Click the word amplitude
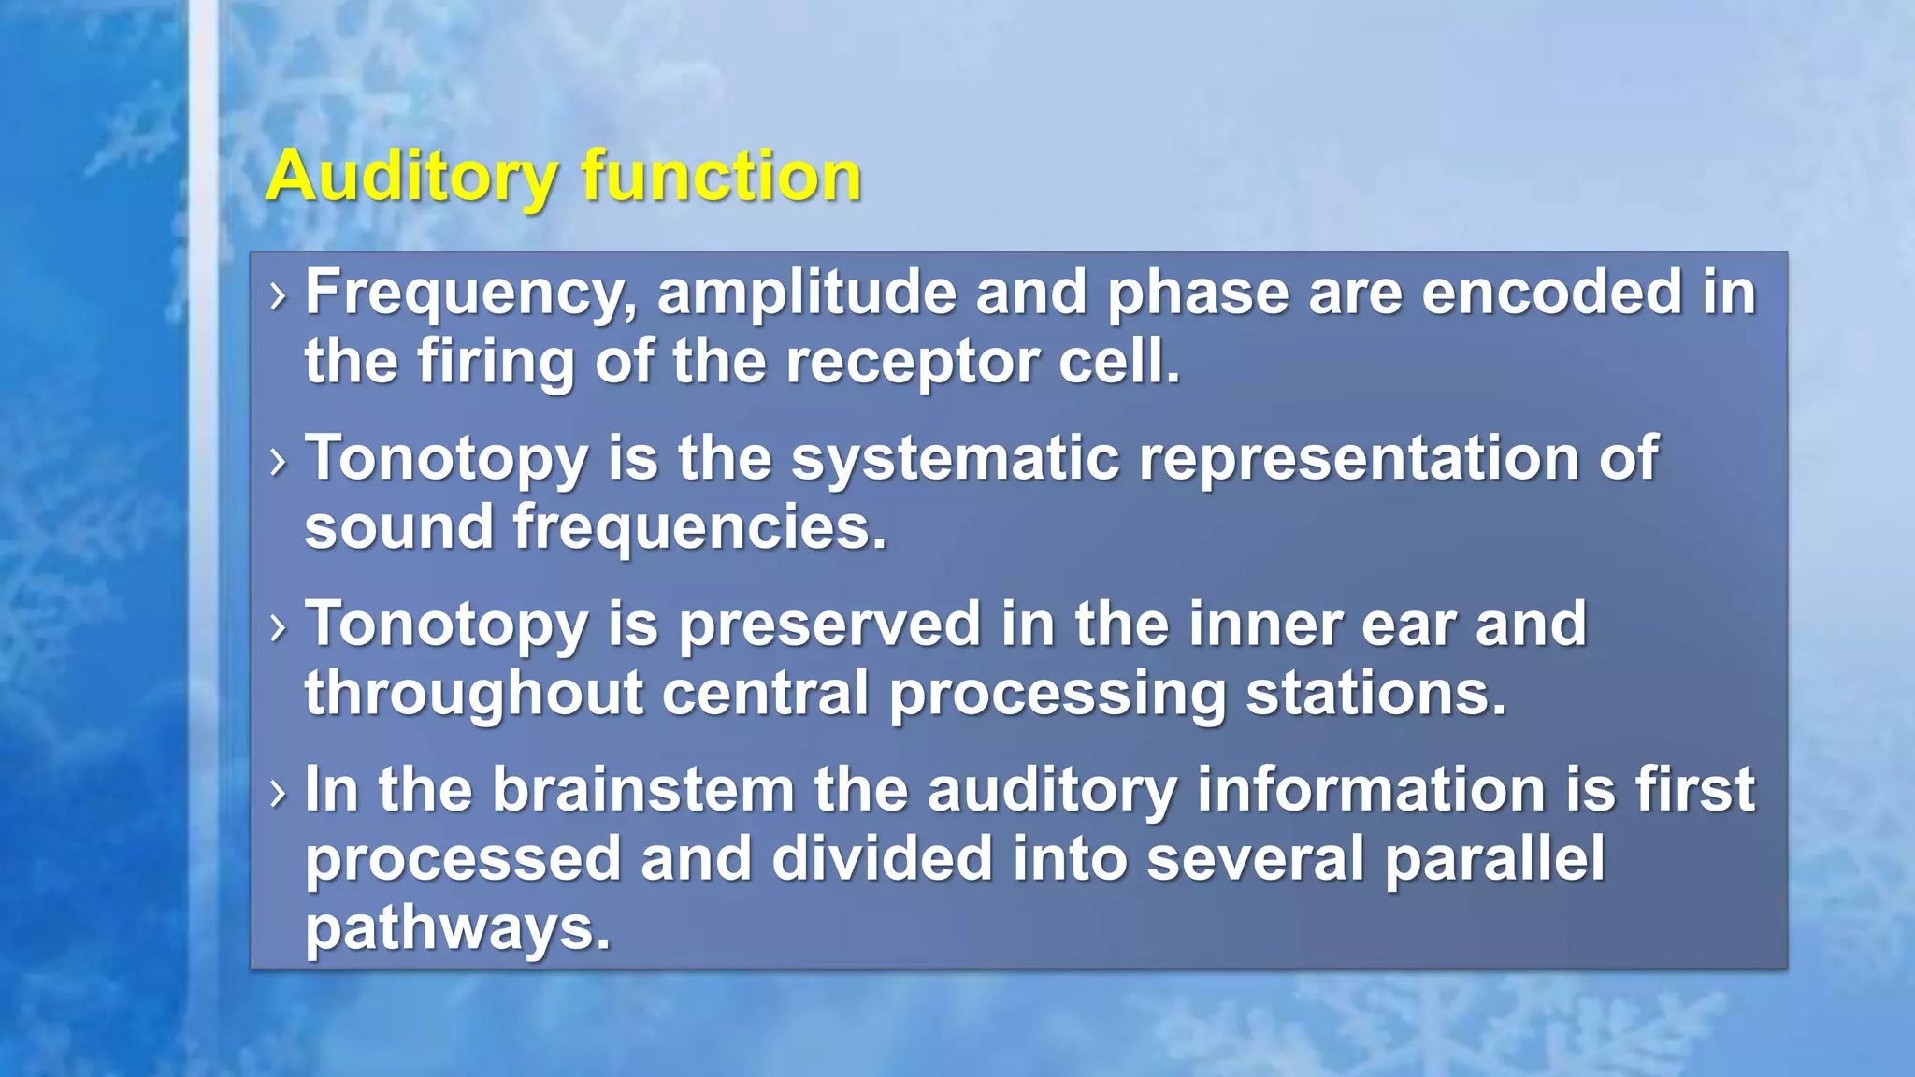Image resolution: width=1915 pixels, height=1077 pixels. click(806, 293)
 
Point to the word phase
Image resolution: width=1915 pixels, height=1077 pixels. click(1198, 293)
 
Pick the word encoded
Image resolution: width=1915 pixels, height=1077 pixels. click(1551, 293)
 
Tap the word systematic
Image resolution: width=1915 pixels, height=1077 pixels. click(955, 459)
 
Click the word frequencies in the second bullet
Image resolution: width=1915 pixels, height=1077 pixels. click(698, 528)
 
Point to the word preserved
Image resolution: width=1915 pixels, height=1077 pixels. click(828, 625)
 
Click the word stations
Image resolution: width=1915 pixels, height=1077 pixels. click(1376, 694)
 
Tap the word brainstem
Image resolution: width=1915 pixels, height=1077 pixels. click(643, 790)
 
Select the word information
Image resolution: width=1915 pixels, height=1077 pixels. click(1371, 790)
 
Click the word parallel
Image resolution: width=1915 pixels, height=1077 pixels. click(1494, 859)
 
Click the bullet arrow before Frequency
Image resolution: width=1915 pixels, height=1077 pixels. click(277, 296)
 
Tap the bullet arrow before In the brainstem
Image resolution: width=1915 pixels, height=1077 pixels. click(277, 794)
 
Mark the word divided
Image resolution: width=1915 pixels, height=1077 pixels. click(881, 859)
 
